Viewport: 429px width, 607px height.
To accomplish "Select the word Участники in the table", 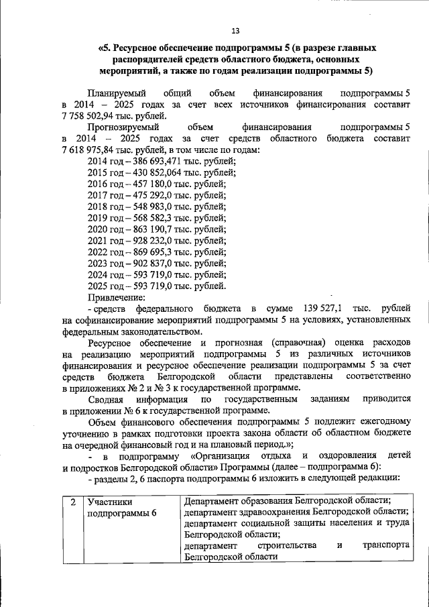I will pyautogui.click(x=109, y=501).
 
